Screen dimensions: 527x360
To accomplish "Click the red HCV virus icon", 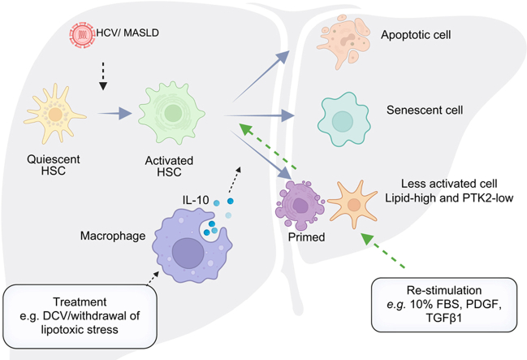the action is (82, 34).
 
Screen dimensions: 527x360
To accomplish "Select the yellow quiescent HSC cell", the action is (54, 115).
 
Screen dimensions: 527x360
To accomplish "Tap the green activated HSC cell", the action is (172, 113).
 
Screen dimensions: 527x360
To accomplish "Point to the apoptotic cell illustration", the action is (343, 41).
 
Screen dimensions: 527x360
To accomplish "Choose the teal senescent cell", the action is (343, 119).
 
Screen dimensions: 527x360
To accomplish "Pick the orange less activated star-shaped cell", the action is (353, 204).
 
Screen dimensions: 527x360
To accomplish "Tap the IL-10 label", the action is (196, 201).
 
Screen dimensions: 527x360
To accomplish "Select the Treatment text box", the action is (80, 316).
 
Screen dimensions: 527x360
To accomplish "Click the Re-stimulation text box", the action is (444, 305).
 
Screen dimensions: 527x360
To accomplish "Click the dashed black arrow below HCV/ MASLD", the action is (103, 76).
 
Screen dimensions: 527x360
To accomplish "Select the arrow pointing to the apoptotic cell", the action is (261, 76).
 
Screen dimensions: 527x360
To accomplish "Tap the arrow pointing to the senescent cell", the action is (259, 115).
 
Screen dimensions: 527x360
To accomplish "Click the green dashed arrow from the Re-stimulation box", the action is (382, 249).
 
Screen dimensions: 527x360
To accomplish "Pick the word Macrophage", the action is (113, 236).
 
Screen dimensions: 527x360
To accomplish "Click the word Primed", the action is (306, 237).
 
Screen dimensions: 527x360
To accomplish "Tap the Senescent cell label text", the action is (425, 110).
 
